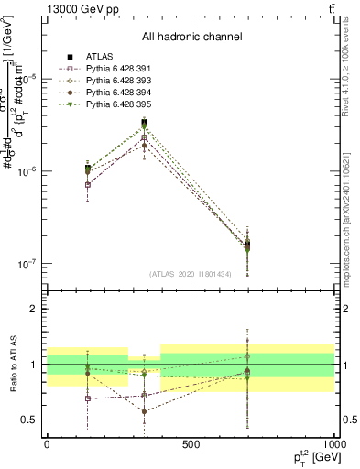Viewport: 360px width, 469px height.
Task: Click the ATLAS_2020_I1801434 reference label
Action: pyautogui.click(x=191, y=274)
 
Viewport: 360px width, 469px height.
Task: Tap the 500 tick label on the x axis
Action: pyautogui.click(x=191, y=444)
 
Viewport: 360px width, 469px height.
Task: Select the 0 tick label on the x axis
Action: pyautogui.click(x=47, y=444)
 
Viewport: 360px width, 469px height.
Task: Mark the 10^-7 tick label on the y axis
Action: pyautogui.click(x=27, y=264)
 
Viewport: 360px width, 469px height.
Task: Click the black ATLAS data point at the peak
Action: pyautogui.click(x=144, y=122)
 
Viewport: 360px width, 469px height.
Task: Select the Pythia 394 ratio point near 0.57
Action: pyautogui.click(x=144, y=411)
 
